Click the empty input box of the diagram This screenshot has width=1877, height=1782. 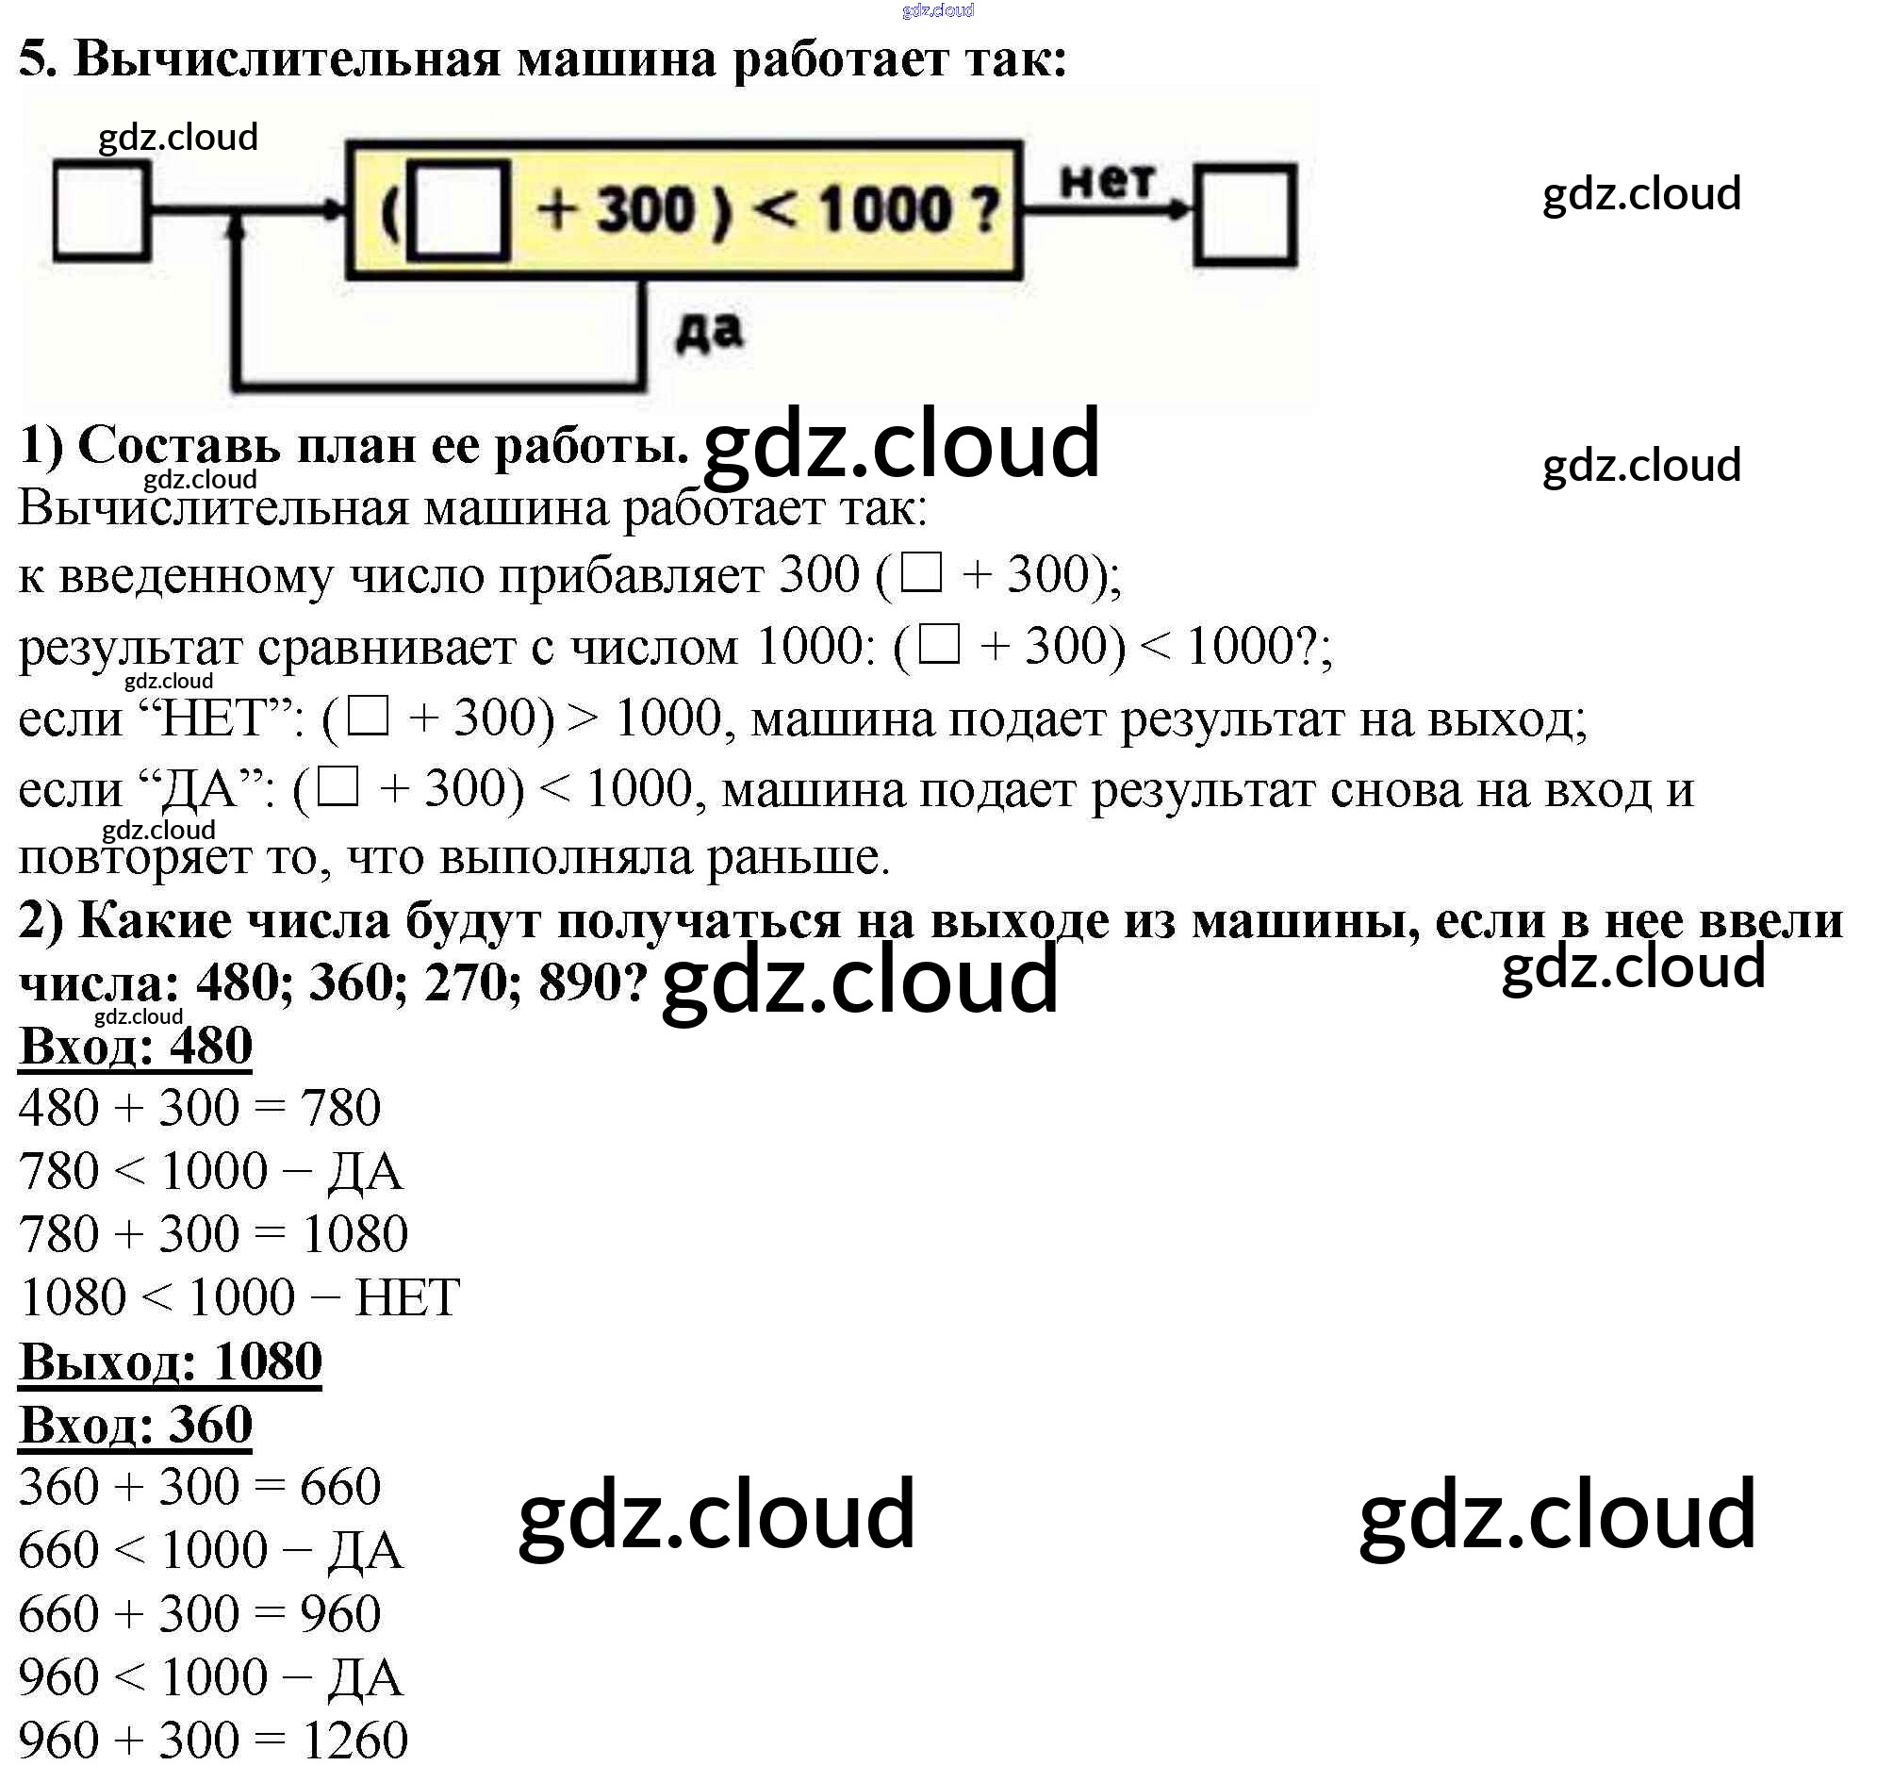(101, 210)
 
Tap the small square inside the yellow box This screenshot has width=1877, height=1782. (459, 210)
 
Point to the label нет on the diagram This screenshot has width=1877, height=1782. (1107, 180)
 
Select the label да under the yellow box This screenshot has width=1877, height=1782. (709, 332)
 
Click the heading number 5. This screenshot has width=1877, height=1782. (36, 58)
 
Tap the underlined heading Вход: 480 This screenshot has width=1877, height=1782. (135, 1045)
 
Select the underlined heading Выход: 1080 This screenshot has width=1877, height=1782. (170, 1361)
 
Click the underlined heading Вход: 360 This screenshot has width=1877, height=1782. (135, 1424)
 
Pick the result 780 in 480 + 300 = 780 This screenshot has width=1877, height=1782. (340, 1108)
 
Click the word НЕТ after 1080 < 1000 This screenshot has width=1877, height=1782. (406, 1297)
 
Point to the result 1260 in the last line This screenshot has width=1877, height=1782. (354, 1741)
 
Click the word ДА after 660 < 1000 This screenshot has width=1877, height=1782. (366, 1550)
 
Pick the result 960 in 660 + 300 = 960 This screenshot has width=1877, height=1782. (340, 1614)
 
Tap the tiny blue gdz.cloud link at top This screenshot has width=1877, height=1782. (937, 10)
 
